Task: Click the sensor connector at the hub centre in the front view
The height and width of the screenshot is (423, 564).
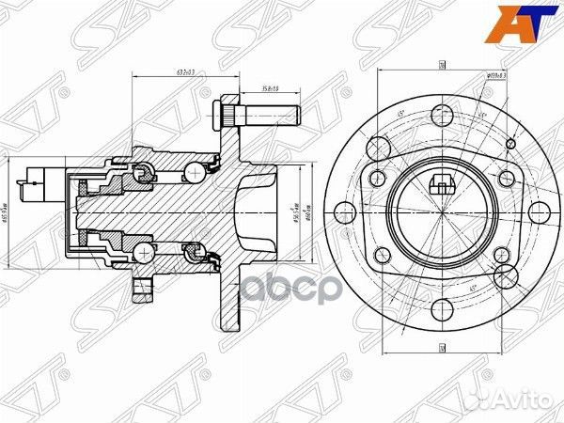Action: [x=440, y=183]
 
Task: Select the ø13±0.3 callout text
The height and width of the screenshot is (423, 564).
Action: [x=497, y=76]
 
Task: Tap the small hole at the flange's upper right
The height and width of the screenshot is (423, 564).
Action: [x=510, y=142]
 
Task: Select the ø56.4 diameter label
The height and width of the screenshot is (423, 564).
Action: [x=293, y=209]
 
